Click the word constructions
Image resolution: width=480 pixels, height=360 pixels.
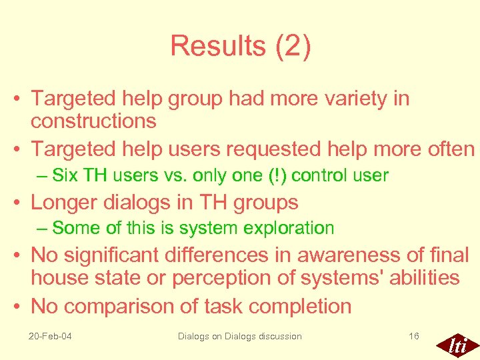93,121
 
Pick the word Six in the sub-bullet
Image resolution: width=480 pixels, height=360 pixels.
64,176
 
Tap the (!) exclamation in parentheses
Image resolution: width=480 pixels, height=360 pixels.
273,176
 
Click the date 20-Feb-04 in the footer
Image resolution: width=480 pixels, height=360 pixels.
51,336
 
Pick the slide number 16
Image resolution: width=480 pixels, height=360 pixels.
414,336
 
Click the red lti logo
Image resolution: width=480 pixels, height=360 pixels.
457,345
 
